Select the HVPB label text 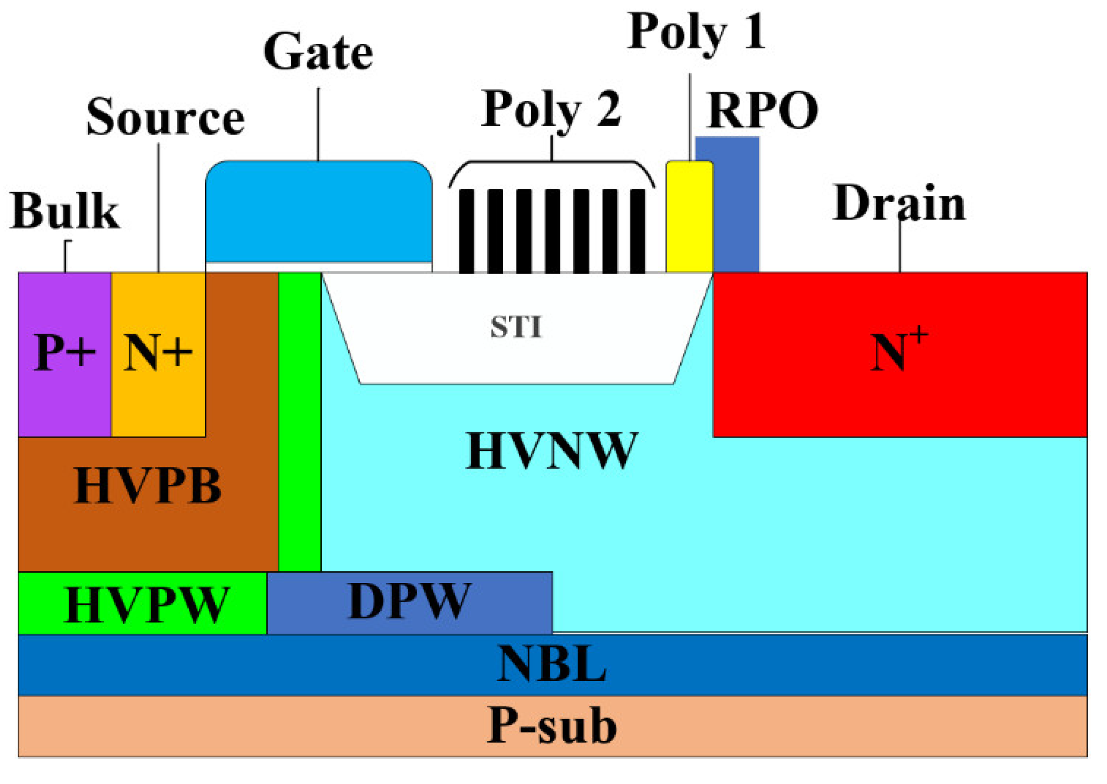pyautogui.click(x=147, y=485)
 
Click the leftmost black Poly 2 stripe pyautogui.click(x=467, y=231)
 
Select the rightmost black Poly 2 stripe pyautogui.click(x=637, y=231)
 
